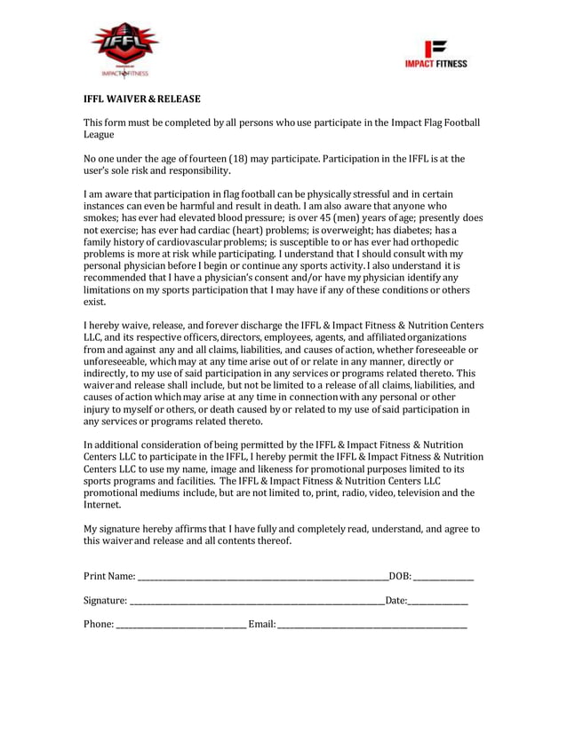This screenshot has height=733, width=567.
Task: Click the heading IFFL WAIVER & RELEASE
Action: (141, 99)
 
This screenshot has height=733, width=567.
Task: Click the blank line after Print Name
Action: (262, 580)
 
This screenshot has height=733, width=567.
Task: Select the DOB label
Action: (401, 578)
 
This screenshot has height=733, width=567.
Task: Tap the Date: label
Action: (396, 601)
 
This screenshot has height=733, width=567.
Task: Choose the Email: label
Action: (262, 625)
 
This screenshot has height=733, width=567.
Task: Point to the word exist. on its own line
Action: (96, 303)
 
